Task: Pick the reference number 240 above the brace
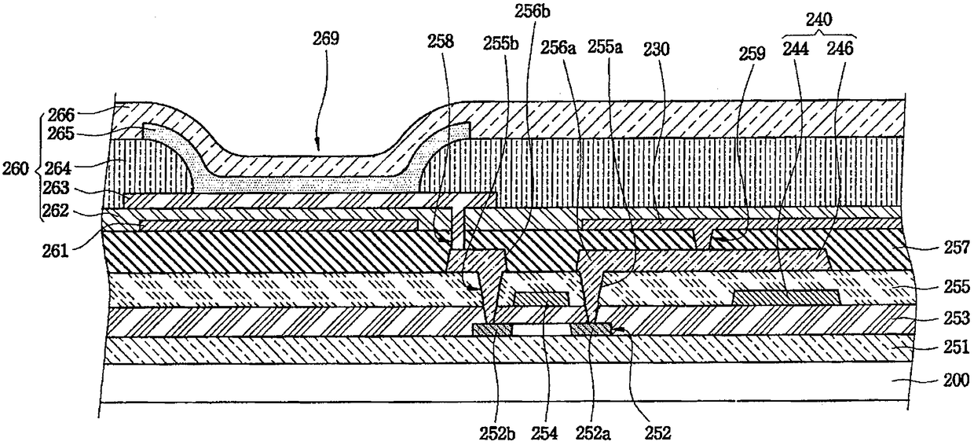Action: [819, 23]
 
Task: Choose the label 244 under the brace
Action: [796, 48]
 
